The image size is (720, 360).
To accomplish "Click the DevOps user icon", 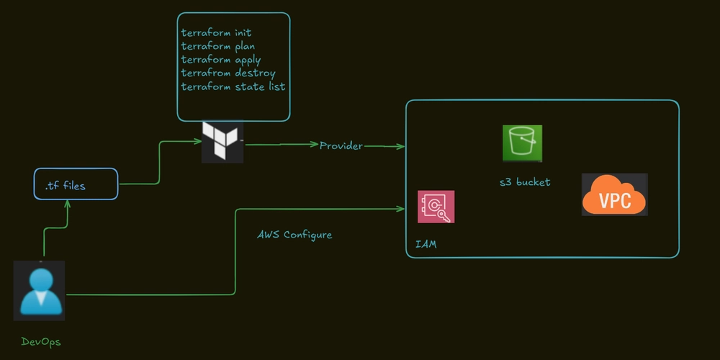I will (40, 290).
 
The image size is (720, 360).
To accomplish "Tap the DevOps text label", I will (41, 342).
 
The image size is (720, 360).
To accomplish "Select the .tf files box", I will (76, 184).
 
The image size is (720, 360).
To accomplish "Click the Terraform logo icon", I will (222, 141).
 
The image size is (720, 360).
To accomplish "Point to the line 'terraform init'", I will (216, 33).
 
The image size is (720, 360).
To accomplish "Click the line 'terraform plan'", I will (217, 47).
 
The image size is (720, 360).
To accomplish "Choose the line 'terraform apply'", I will (221, 60).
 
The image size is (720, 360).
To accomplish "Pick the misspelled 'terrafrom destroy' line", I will (228, 73).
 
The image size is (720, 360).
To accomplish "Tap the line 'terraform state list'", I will (233, 86).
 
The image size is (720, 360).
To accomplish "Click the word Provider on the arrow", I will (341, 145).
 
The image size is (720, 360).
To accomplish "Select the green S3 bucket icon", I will (522, 143).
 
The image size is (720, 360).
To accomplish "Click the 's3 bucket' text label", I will (525, 182).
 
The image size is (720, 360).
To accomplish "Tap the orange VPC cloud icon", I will (614, 194).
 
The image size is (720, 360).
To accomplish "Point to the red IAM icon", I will (436, 207).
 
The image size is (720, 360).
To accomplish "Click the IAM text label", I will (426, 246).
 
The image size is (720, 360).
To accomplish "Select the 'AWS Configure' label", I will (294, 235).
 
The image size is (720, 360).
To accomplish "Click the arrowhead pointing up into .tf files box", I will (68, 204).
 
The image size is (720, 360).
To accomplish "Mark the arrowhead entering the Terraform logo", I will (198, 141).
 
